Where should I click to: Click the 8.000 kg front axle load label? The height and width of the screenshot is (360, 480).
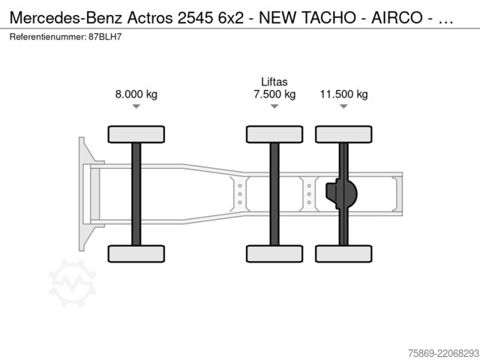click(136, 94)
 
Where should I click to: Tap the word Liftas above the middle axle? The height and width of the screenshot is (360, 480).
click(274, 82)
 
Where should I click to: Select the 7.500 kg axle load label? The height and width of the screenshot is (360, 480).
click(274, 94)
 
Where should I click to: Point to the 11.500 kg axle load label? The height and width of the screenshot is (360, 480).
click(343, 94)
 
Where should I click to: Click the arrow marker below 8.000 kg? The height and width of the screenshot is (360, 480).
click(136, 106)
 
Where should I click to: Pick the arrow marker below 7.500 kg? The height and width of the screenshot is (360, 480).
click(274, 106)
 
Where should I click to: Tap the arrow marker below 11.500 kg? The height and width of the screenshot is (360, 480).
click(343, 106)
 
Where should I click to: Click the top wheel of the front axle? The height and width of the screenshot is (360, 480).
click(136, 134)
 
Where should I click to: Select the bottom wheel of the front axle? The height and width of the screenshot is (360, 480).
click(136, 253)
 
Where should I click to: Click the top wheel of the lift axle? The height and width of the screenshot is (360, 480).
click(274, 134)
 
